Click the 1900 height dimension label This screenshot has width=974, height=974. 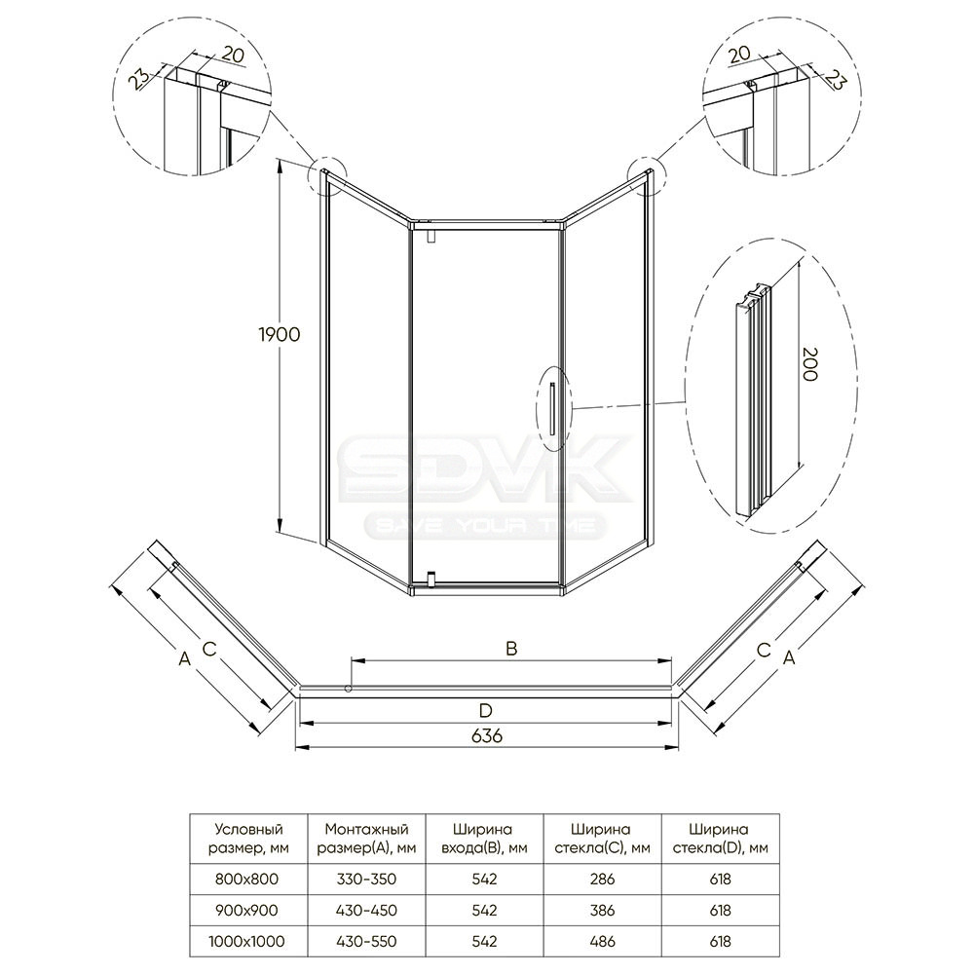tap(279, 335)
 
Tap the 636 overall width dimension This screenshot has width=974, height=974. tap(486, 736)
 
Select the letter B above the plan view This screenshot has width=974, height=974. tap(511, 649)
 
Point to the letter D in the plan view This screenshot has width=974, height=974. tap(486, 711)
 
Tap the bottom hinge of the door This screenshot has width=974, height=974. tap(430, 579)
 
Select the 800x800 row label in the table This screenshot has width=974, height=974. tap(246, 879)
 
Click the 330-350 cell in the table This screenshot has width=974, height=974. tap(366, 879)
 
